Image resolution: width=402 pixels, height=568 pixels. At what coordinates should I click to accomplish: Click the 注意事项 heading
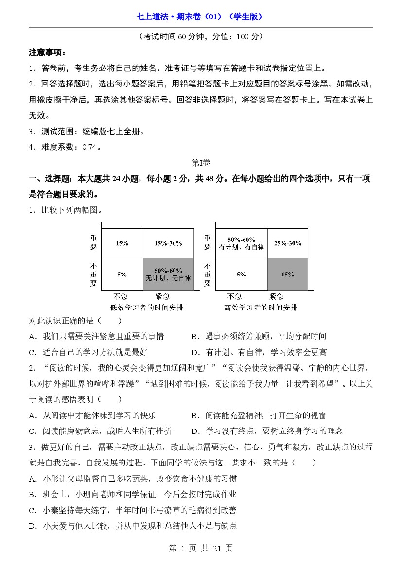(47, 52)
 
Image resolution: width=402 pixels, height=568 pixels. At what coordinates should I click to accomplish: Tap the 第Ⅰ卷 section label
(201, 163)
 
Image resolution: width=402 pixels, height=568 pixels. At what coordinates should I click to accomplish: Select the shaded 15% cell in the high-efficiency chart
(287, 275)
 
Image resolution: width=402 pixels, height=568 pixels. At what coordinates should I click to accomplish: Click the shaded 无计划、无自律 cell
(168, 275)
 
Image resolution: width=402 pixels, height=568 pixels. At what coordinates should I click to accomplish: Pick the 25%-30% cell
(287, 243)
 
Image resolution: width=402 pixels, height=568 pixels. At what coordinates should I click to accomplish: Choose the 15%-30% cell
(168, 243)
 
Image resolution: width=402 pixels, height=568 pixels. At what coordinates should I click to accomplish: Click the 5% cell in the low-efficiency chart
(122, 275)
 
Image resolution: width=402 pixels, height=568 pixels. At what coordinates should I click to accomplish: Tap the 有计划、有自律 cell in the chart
(241, 243)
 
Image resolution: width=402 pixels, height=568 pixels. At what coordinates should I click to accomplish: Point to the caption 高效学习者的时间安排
(261, 308)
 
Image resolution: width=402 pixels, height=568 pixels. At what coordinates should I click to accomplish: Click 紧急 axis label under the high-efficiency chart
(276, 297)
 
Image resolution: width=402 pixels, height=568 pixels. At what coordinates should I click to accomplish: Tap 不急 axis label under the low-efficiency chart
(120, 297)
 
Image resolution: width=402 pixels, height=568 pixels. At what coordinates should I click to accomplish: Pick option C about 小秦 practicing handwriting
(133, 510)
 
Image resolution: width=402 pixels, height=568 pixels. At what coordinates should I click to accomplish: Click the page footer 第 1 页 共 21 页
(201, 548)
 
